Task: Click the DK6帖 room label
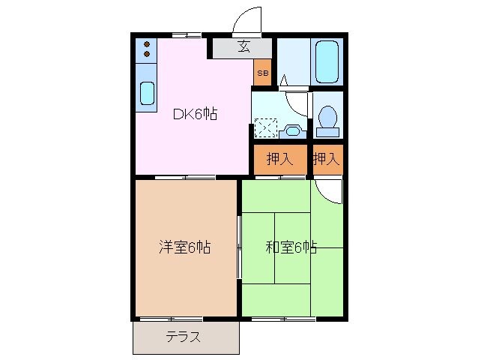195,115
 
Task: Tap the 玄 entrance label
244,47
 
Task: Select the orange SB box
262,73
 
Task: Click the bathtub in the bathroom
327,61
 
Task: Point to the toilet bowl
327,118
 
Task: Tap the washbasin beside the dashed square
293,130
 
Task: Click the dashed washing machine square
265,127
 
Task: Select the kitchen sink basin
147,94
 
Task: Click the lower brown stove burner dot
147,53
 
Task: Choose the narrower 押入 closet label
327,159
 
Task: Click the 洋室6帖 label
183,247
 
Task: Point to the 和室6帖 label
291,247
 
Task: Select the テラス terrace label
184,337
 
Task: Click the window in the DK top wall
186,34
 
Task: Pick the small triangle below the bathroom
285,79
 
